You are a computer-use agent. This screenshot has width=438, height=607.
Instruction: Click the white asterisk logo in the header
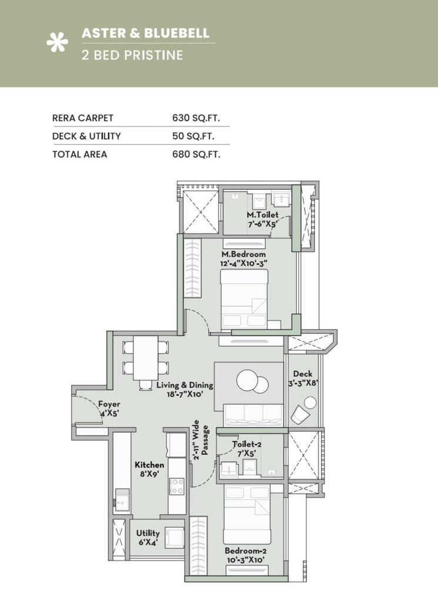57,43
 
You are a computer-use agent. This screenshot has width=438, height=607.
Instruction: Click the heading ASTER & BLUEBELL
145,33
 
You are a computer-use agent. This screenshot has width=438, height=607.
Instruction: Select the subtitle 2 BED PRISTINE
132,56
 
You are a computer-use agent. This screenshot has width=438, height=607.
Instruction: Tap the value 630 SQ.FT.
196,118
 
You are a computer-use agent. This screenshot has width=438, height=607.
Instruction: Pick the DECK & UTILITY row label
86,136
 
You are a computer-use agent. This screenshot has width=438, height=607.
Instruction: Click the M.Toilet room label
262,215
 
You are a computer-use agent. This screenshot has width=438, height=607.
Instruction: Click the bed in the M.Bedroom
244,299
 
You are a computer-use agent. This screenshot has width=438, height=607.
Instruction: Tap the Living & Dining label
185,385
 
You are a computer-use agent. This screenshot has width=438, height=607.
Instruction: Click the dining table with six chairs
145,359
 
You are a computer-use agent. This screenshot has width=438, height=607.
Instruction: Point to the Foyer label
109,404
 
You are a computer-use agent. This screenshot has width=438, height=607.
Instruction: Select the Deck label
303,374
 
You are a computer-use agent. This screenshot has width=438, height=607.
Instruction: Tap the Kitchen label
149,464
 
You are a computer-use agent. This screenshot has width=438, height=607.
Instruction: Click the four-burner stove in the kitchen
177,485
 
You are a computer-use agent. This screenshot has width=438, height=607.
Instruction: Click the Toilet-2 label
247,444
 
